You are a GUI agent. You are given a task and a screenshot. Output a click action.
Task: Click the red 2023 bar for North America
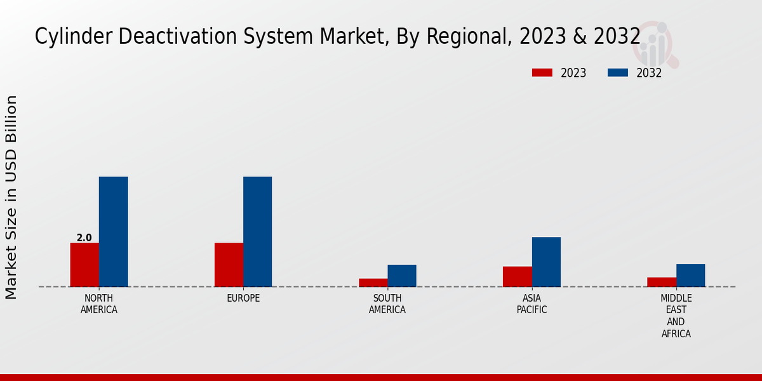(x=84, y=265)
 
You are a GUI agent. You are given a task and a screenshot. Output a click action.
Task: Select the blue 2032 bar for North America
(x=113, y=232)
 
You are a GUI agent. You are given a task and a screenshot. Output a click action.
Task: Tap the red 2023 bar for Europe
(x=229, y=265)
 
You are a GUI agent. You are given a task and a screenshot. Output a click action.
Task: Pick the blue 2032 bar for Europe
(x=257, y=232)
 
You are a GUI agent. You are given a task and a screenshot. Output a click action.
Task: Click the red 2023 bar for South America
(x=373, y=283)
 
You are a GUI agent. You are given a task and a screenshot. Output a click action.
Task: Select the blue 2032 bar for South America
(x=402, y=276)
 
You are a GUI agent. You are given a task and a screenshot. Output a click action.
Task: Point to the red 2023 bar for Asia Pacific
(x=517, y=276)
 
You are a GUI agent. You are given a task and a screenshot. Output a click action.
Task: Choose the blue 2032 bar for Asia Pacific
(x=546, y=262)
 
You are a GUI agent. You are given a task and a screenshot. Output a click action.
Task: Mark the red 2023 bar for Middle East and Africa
(x=662, y=282)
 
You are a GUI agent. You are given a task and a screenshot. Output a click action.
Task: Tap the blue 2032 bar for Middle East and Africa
(x=690, y=276)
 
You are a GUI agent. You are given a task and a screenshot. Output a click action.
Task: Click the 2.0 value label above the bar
(x=84, y=238)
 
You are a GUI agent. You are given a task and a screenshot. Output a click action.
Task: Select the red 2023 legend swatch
(x=542, y=72)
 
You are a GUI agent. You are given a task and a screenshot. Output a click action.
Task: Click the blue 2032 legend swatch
(x=617, y=72)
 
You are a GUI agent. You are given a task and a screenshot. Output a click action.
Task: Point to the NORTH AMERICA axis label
(x=99, y=304)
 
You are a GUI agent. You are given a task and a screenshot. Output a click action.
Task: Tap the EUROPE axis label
(x=243, y=298)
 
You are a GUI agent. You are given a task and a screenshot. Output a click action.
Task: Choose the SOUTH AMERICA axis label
(x=387, y=304)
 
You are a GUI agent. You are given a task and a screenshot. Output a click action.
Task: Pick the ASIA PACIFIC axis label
(x=531, y=304)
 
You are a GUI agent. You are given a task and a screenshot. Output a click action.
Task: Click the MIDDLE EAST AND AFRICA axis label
(x=676, y=316)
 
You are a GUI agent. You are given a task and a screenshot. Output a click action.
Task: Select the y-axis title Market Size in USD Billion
(x=11, y=197)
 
